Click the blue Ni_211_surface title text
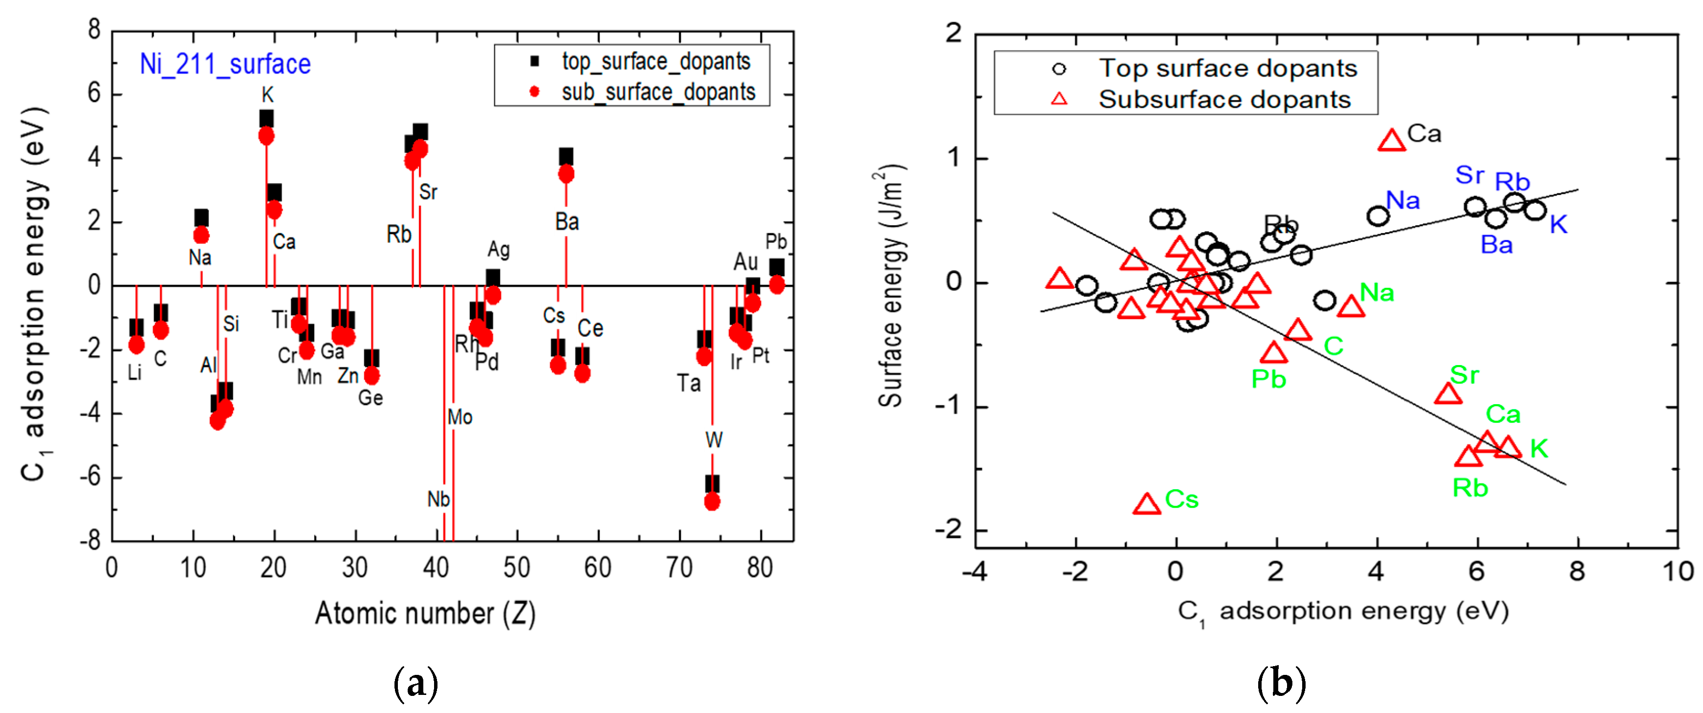click(x=225, y=64)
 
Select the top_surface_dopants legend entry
click(x=655, y=62)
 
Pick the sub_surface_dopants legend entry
click(x=658, y=92)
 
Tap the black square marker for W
click(x=712, y=484)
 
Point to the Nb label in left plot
click(x=438, y=499)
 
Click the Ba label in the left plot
click(x=567, y=222)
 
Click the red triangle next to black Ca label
click(x=1391, y=141)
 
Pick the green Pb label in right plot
click(x=1268, y=379)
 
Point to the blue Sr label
click(x=1469, y=175)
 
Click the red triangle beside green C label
click(x=1297, y=330)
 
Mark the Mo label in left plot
click(x=459, y=417)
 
